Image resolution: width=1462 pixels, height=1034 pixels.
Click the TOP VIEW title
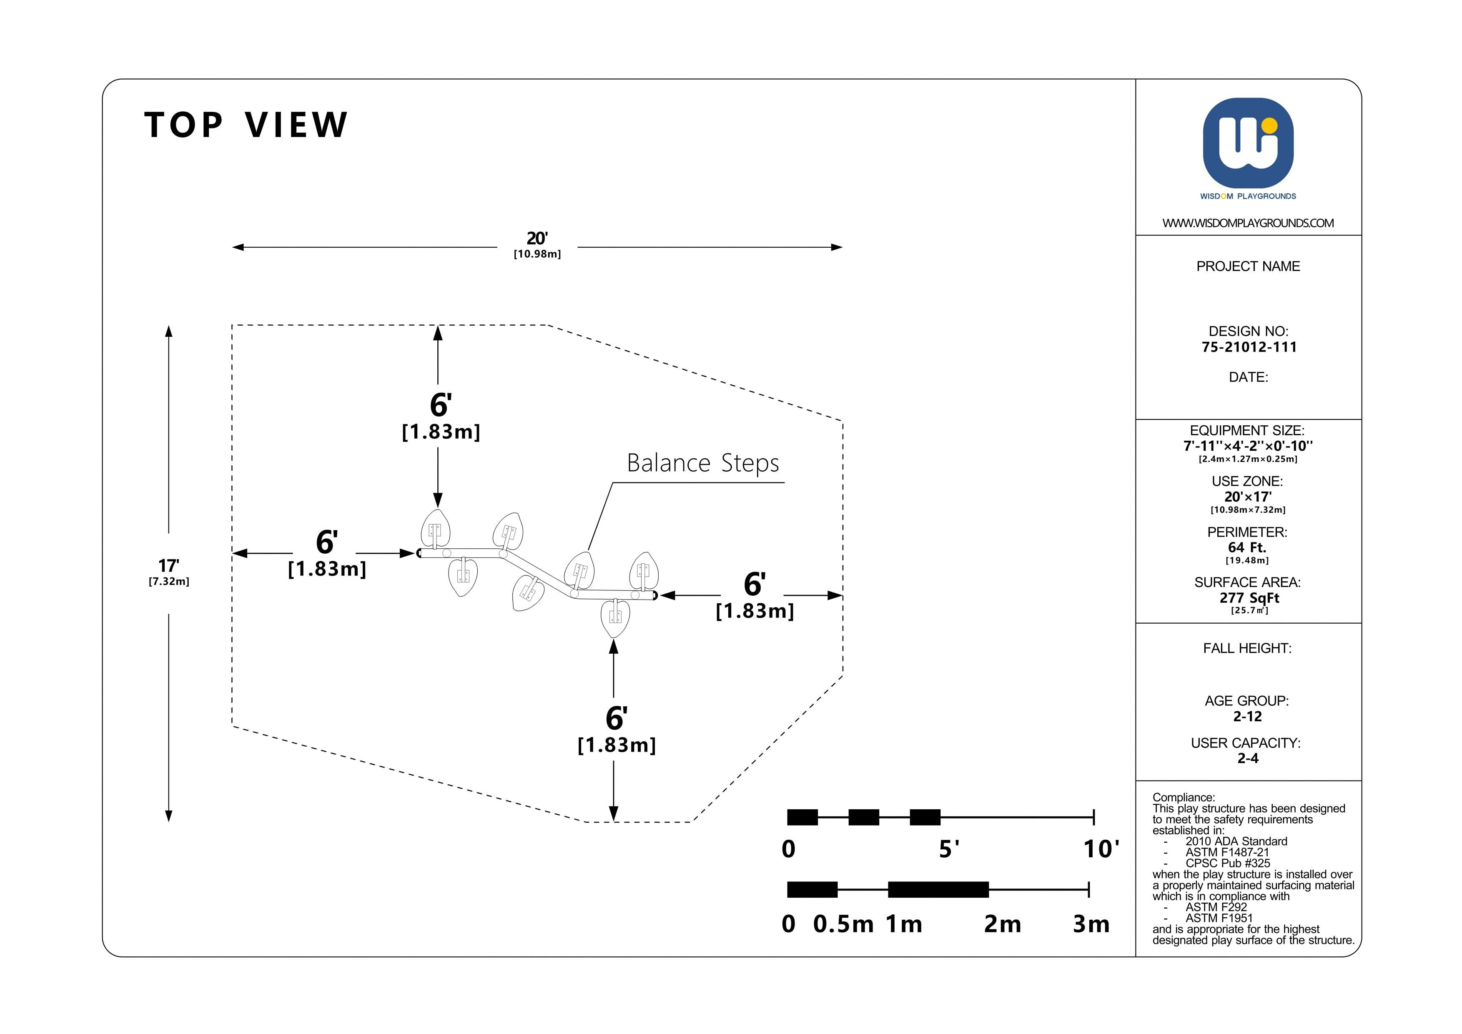pyautogui.click(x=246, y=125)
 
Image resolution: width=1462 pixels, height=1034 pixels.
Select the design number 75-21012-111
pyautogui.click(x=1249, y=347)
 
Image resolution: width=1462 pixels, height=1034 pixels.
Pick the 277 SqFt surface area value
pyautogui.click(x=1249, y=598)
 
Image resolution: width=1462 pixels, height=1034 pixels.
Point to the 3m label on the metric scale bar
pyautogui.click(x=1091, y=924)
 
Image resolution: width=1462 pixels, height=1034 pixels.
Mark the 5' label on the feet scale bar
pyautogui.click(x=949, y=849)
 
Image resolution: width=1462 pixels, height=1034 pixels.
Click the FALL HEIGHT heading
pyautogui.click(x=1247, y=648)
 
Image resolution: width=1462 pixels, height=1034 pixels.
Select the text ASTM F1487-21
pyautogui.click(x=1226, y=852)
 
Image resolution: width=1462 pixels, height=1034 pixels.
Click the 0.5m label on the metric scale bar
pyautogui.click(x=843, y=924)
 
